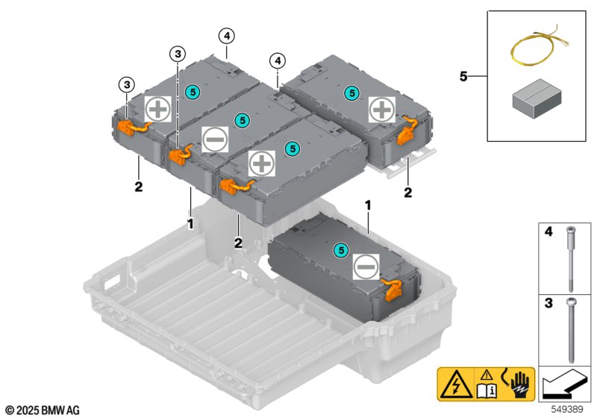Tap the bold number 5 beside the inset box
coord(464,75)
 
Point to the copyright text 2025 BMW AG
coord(41,410)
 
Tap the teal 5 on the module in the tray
coord(341,250)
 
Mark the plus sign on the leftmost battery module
coord(157,109)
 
